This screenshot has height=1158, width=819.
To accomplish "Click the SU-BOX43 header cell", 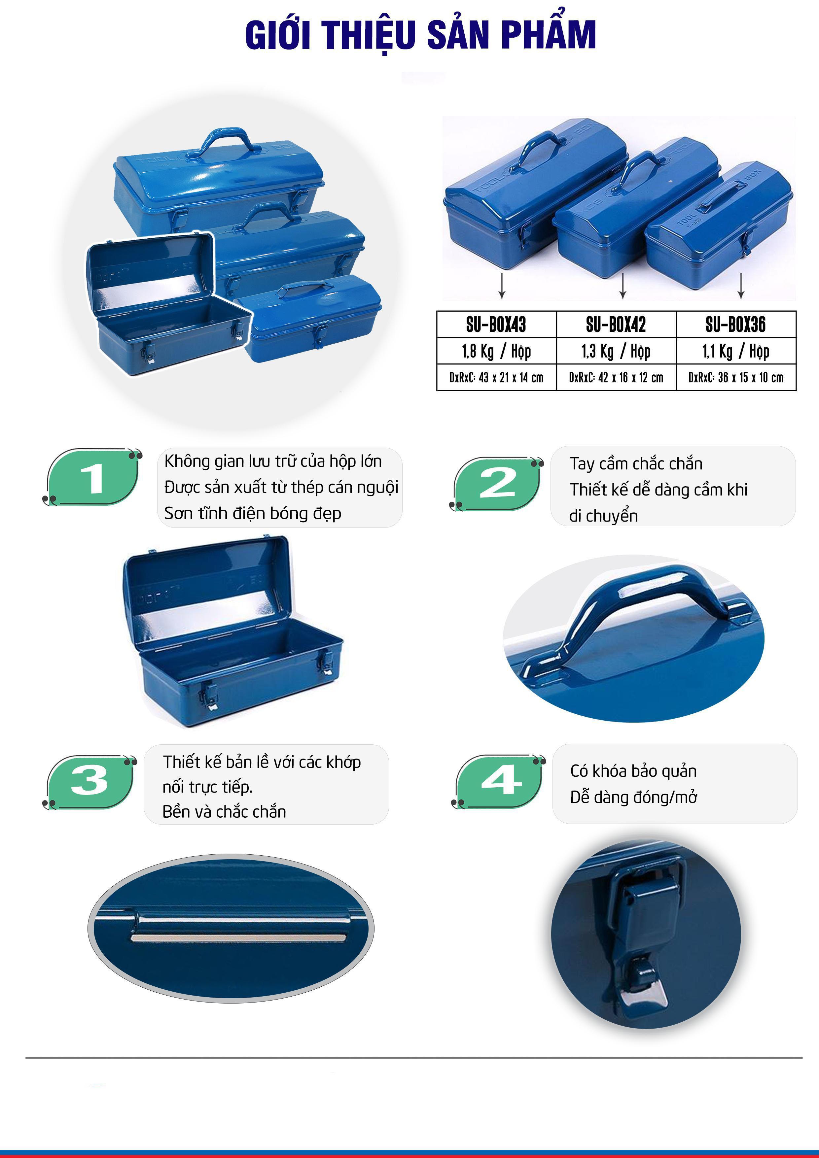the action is [497, 324].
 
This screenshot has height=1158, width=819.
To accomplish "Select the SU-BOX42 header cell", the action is [616, 324].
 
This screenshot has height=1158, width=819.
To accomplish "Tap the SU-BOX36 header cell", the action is [736, 324].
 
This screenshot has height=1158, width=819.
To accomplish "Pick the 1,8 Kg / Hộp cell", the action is [497, 351].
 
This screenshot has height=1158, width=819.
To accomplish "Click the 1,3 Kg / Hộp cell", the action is [616, 351].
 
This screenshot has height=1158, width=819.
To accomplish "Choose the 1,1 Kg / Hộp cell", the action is [736, 351].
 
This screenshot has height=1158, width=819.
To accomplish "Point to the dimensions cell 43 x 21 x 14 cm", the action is [497, 377].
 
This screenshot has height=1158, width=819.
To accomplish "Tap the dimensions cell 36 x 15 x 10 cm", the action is [736, 377].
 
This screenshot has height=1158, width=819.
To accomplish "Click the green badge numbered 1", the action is [92, 477].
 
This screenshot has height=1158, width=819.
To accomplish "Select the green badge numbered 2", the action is [497, 484].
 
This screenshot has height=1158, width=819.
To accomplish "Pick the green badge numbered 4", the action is [499, 781].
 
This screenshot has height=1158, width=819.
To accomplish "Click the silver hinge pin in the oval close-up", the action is [239, 937].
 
